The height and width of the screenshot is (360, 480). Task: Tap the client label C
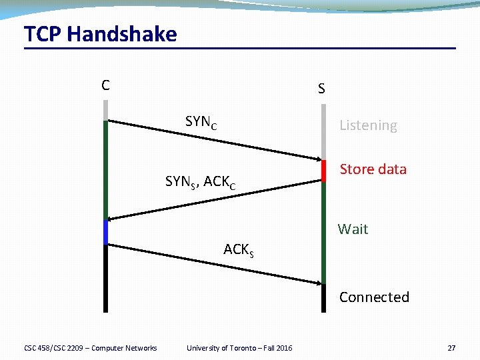pos(105,85)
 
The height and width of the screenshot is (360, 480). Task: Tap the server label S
pos(321,89)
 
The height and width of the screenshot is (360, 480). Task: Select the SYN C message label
pos(201,122)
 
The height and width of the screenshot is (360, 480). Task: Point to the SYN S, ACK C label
pos(200,181)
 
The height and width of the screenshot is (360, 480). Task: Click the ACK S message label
pos(239,250)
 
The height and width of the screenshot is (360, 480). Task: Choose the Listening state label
pos(368,125)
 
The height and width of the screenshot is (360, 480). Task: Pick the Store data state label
pos(373,169)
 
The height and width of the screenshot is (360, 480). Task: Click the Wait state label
pos(353,229)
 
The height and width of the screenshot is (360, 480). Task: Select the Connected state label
pos(374,297)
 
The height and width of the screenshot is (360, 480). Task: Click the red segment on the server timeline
pos(323,171)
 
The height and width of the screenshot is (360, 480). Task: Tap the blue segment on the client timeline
pos(105,232)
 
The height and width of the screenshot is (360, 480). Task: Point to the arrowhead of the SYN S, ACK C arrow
pos(111,218)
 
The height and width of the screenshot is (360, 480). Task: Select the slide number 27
pos(451,348)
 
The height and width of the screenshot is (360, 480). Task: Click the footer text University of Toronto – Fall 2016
pos(239,348)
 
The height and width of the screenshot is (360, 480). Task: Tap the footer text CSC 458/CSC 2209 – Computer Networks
pos(90,348)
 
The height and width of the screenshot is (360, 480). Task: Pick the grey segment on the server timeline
pos(323,130)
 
